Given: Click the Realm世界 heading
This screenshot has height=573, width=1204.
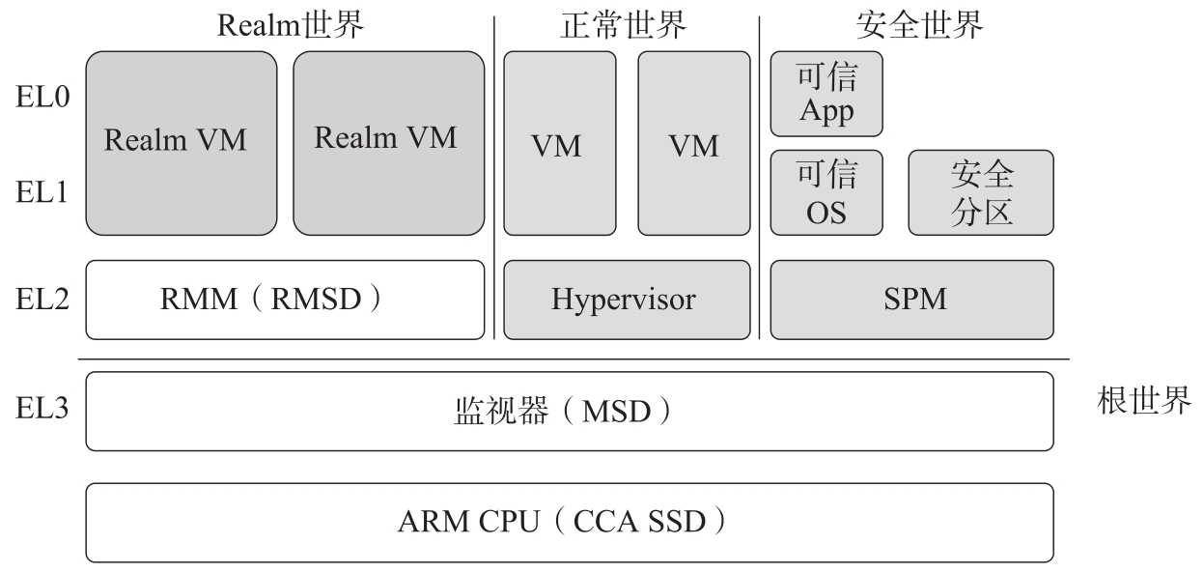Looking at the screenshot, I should pos(291,26).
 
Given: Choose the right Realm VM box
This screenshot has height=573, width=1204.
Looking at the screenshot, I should pos(388,143).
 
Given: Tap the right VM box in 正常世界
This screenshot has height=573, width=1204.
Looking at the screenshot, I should pos(693,143).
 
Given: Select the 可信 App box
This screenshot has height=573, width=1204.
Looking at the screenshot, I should pos(826,94).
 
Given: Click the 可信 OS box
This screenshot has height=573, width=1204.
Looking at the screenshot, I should pos(826,192).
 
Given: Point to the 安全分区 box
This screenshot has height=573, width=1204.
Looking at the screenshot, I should pos(981,192).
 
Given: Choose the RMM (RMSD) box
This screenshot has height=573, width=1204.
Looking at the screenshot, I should pos(285,300).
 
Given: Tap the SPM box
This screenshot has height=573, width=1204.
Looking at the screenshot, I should pos(911,300).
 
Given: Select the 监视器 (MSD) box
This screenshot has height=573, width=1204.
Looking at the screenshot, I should pos(569,411).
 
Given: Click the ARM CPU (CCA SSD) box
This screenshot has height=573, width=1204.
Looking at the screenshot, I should pos(569,523).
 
